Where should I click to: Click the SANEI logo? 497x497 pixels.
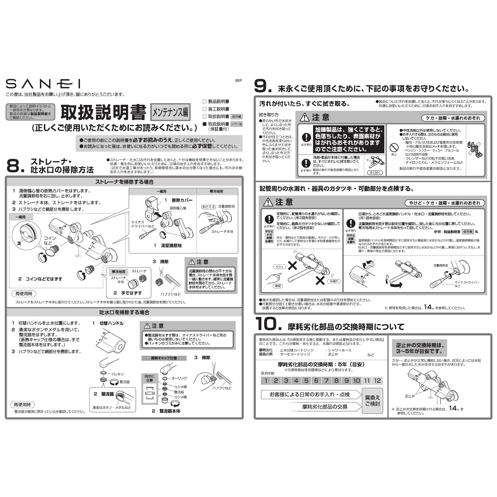tap(43, 84)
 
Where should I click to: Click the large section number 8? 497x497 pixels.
tap(13, 166)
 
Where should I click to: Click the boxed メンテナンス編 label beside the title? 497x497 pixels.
tap(170, 112)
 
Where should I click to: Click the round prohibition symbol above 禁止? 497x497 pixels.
tap(394, 148)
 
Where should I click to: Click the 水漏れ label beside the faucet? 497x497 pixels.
tap(334, 281)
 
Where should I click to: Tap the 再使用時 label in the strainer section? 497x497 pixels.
tap(24, 294)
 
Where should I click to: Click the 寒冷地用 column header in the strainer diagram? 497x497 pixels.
tap(216, 191)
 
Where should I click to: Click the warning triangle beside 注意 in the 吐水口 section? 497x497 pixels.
tap(147, 326)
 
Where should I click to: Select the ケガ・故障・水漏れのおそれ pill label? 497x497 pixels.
tap(453, 118)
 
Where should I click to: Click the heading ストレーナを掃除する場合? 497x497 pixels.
tap(124, 182)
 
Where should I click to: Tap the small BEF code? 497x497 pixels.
tap(238, 81)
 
